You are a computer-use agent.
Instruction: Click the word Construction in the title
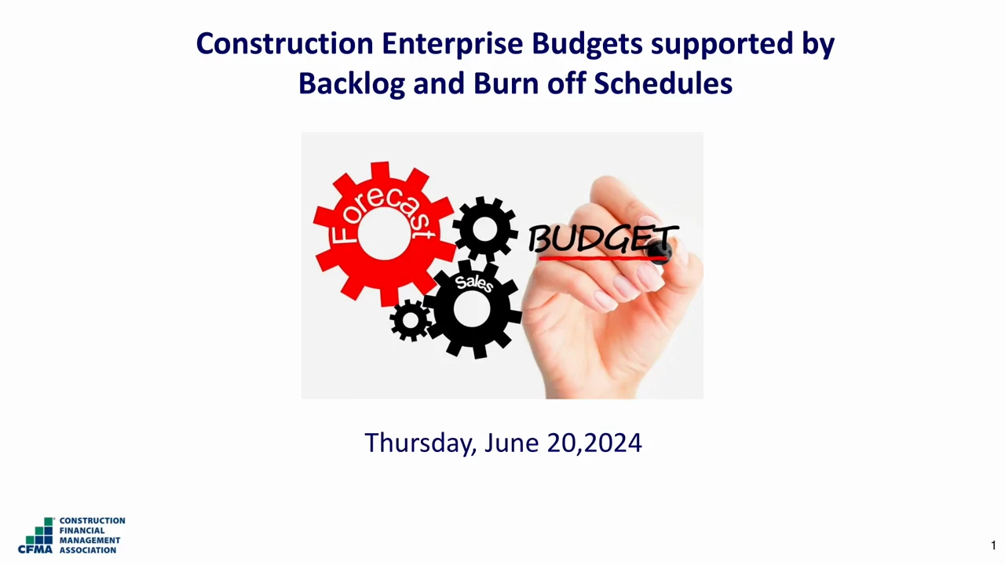point(285,44)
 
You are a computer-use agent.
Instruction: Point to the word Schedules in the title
point(663,83)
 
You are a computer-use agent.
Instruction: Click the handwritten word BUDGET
point(602,238)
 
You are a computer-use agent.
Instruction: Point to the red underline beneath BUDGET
point(601,258)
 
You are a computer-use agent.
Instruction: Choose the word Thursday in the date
point(420,443)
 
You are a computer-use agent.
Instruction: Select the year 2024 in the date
point(613,443)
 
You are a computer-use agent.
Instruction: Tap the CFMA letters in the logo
point(35,549)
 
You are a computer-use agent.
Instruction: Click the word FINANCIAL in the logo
point(82,530)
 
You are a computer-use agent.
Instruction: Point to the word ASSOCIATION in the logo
point(88,550)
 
